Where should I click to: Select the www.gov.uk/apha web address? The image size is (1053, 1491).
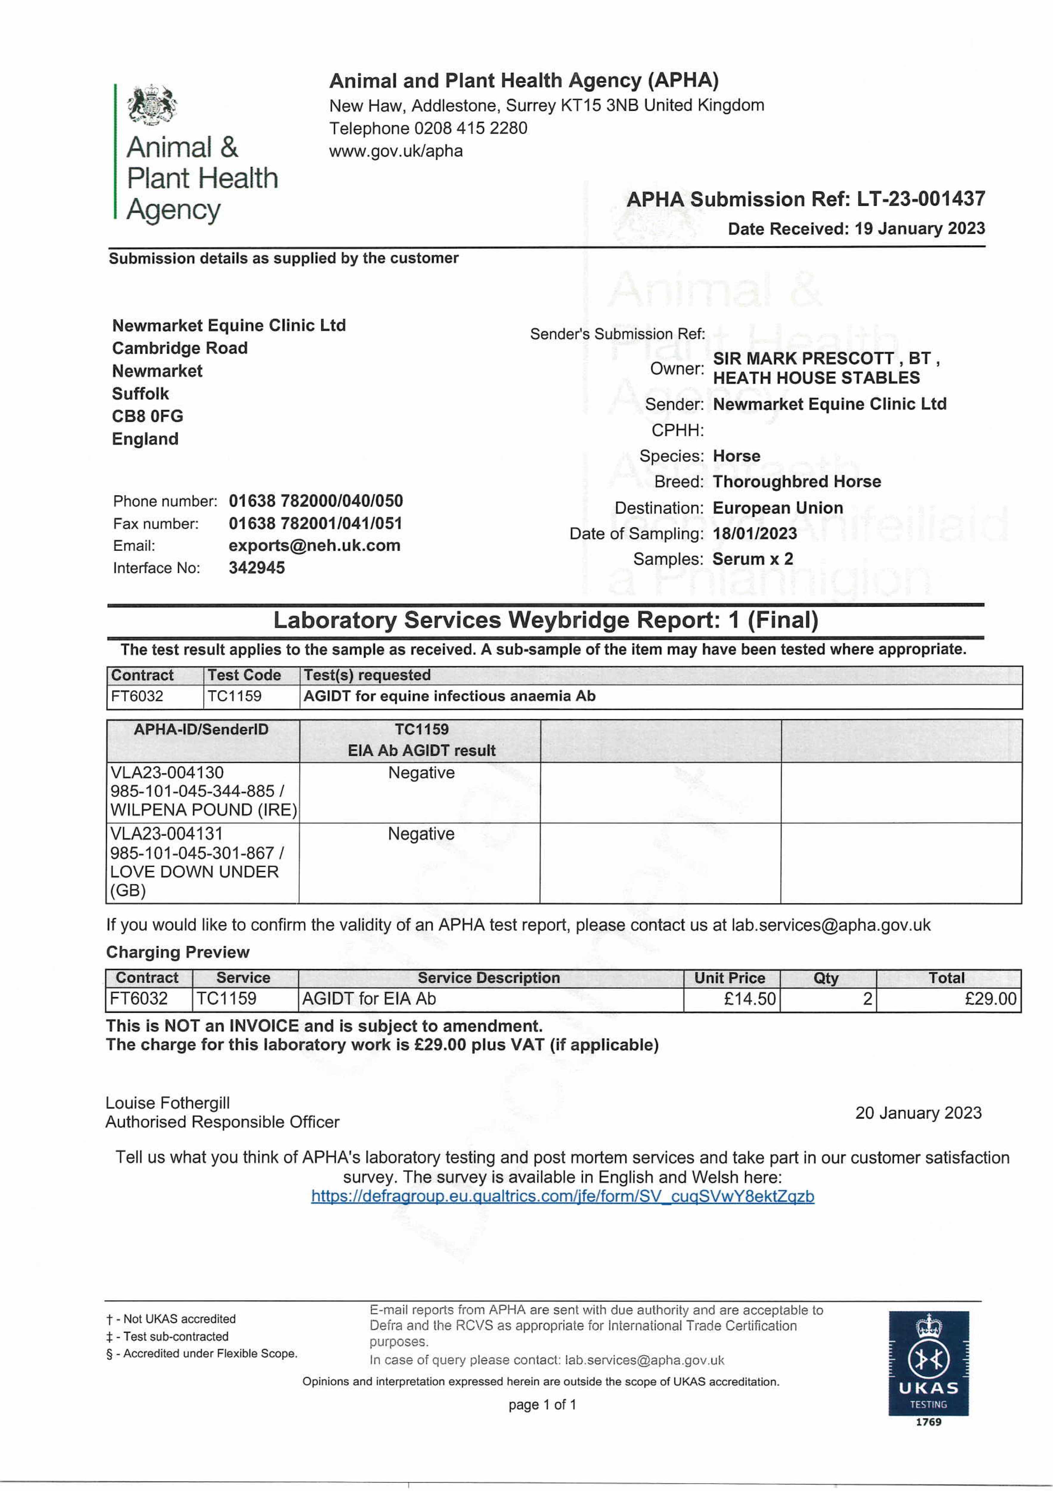(396, 151)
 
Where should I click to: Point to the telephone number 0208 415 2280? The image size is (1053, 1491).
(471, 128)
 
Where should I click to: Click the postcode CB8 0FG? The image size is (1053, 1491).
(147, 416)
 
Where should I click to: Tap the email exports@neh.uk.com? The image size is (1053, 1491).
(314, 545)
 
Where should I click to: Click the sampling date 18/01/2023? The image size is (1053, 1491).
(754, 534)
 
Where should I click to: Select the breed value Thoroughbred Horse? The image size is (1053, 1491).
(797, 482)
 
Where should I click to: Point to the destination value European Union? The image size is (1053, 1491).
(778, 508)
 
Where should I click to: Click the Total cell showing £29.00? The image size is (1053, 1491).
(990, 999)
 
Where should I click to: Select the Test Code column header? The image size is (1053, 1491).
(244, 675)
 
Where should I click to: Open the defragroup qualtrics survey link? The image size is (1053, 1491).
(562, 1197)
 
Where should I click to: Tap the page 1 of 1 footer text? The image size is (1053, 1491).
(542, 1405)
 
